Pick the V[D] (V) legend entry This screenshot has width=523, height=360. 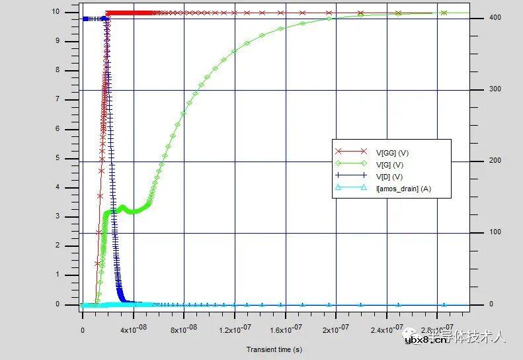(x=388, y=177)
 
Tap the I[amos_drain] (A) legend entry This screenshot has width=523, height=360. (x=403, y=189)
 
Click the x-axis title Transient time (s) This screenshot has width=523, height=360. (x=274, y=349)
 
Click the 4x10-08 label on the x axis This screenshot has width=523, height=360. (x=134, y=330)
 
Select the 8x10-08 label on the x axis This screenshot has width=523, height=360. (x=184, y=330)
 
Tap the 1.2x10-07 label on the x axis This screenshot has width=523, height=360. (x=235, y=330)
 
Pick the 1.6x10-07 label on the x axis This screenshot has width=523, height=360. (x=286, y=330)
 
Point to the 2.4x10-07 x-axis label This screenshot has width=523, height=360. (x=387, y=330)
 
